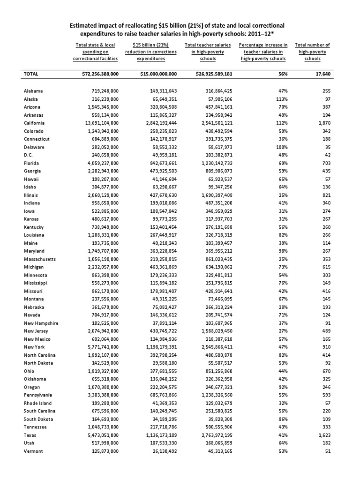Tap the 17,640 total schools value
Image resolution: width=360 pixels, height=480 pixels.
317,74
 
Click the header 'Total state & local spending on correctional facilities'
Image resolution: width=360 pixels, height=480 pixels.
95,52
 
